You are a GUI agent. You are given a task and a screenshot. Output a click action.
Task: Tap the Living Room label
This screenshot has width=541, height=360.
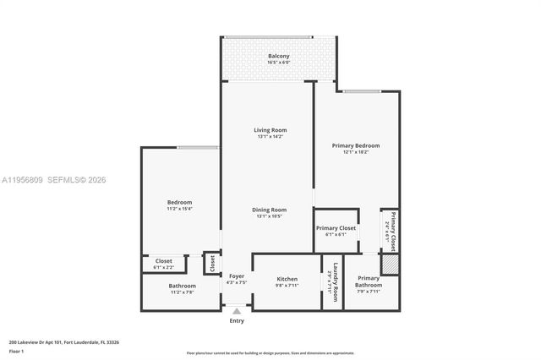[x=270, y=130]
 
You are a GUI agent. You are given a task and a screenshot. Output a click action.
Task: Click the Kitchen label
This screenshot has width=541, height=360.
[x=287, y=279]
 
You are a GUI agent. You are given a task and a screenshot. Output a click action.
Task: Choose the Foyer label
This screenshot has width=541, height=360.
[x=236, y=276]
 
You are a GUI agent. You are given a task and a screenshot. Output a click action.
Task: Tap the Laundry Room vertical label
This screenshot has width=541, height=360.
[x=335, y=282]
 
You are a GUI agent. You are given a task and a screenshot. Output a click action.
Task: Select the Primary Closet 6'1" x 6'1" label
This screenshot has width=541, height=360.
[x=336, y=228]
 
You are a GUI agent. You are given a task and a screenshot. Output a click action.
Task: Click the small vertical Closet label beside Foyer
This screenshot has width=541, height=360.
[x=212, y=263]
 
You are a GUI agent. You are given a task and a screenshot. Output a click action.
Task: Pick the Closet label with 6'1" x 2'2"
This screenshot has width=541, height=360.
[x=164, y=261]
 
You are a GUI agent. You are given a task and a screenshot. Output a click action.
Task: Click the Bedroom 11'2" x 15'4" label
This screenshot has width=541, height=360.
[x=179, y=203]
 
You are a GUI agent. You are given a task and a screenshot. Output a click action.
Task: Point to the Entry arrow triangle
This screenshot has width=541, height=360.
[x=237, y=311]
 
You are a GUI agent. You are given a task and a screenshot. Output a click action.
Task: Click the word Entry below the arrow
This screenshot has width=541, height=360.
[x=237, y=321]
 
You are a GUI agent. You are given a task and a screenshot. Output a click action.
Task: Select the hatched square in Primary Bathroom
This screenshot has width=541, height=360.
[x=389, y=265]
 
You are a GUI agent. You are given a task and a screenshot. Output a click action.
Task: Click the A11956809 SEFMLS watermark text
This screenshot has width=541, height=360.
[x=59, y=180]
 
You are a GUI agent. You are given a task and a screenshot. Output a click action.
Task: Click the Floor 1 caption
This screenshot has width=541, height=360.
[x=16, y=351]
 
